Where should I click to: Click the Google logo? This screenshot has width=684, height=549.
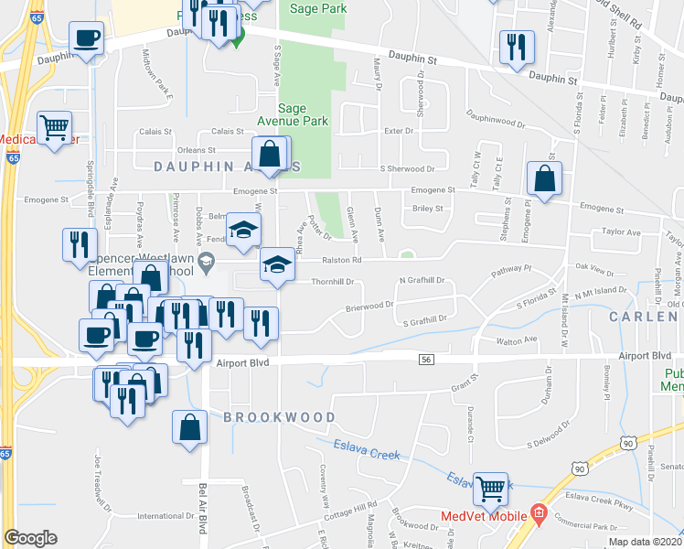[30, 538]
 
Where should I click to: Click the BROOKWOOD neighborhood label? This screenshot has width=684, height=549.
[280, 417]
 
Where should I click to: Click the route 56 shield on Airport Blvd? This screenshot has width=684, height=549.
[426, 361]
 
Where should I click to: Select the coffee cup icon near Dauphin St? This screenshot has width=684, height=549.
[86, 38]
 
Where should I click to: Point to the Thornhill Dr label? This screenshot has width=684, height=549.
[333, 282]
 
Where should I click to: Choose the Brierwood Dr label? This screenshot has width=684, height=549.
[369, 307]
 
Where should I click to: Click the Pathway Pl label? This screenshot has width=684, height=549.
[510, 271]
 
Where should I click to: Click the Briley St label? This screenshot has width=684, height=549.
[428, 209]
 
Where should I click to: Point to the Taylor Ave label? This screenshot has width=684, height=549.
[621, 232]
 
